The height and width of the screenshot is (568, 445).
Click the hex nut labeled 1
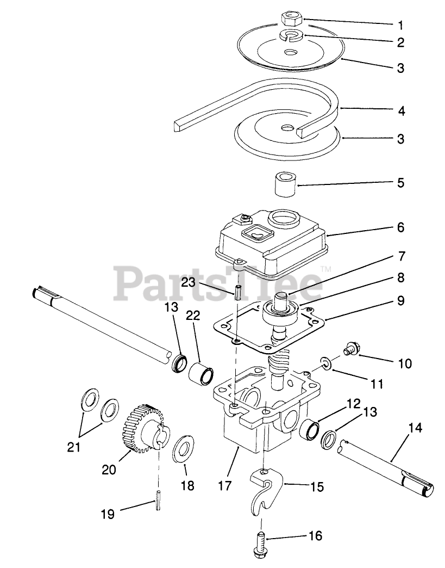291,19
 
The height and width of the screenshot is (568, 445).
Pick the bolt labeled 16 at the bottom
260,545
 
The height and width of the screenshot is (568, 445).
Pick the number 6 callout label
400,227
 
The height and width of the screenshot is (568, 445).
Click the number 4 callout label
401,111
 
